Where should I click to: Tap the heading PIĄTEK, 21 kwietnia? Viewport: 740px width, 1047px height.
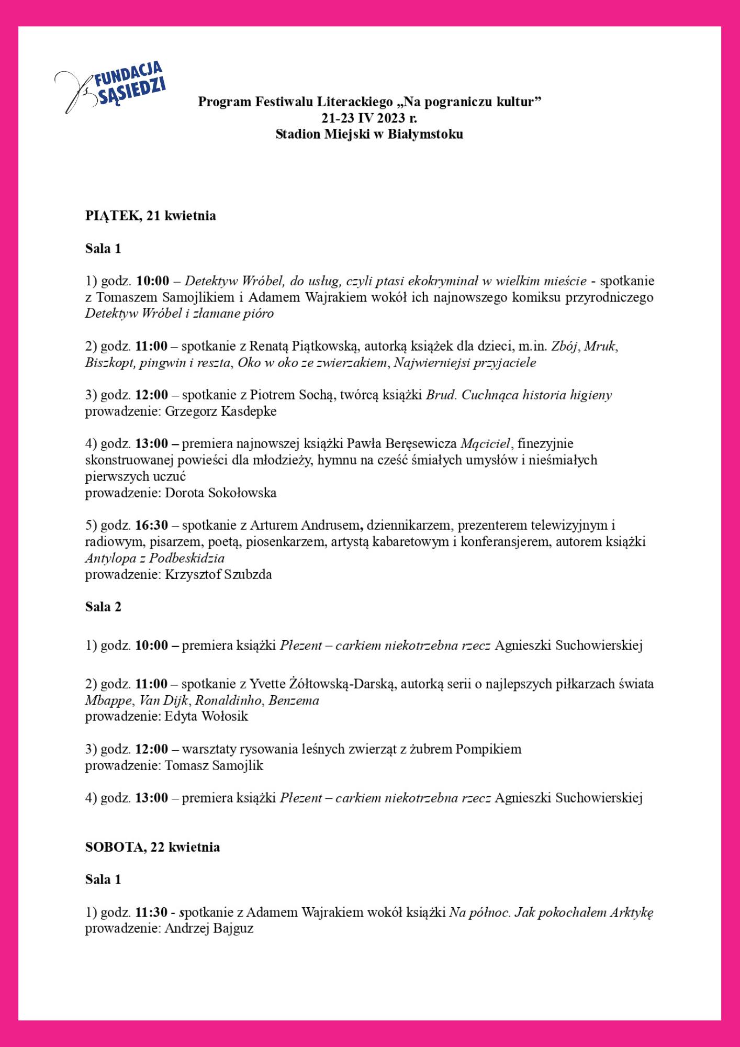150,216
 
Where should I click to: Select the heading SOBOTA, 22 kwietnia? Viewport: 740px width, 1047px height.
152,847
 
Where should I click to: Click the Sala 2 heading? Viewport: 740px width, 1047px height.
103,607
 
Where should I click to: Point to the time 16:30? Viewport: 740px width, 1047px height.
152,525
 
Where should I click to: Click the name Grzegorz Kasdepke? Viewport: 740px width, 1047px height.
220,411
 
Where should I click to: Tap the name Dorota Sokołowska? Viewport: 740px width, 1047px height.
220,493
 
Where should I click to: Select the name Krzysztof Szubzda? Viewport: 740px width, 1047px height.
218,574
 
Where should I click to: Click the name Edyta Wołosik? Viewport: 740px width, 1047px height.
206,716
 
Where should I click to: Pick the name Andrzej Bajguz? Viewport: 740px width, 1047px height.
209,929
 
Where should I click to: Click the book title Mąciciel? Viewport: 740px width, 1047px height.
485,444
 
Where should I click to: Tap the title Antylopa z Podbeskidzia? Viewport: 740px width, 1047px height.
155,558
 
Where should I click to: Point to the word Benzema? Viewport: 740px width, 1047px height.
294,700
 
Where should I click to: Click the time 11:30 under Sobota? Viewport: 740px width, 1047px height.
151,912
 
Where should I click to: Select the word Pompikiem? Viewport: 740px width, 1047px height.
488,749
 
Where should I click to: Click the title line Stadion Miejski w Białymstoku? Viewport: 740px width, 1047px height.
369,134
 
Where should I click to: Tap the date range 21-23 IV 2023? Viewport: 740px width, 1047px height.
363,118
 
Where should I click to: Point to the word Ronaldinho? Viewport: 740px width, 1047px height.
228,700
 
